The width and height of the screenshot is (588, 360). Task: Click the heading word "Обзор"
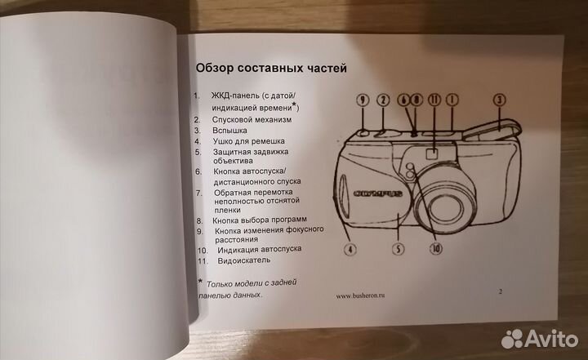[x=215, y=67]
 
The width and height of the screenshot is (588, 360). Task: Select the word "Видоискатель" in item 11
[x=245, y=261]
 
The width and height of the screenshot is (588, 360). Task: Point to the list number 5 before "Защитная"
[x=197, y=151]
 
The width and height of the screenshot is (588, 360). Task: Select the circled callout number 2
[x=382, y=100]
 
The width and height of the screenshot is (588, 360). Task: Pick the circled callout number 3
[x=498, y=100]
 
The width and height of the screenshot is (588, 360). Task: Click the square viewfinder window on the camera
[x=433, y=152]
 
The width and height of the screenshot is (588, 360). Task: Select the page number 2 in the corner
[x=501, y=290]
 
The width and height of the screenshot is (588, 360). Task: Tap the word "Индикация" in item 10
[x=240, y=250]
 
